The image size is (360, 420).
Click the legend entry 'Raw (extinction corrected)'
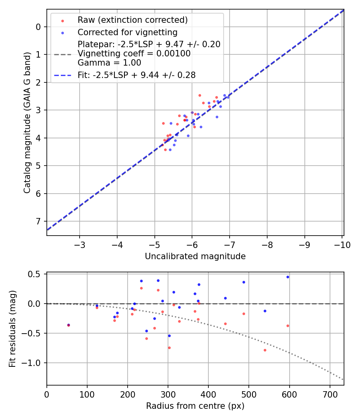[x=132, y=20]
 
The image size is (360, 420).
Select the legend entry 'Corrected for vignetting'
[x=128, y=32]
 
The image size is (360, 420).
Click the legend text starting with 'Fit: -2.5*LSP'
[x=136, y=75]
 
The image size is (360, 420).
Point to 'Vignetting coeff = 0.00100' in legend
[x=134, y=54]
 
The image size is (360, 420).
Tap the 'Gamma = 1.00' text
[x=109, y=63]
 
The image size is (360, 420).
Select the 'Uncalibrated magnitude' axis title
[x=195, y=256]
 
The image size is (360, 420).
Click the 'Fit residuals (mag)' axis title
[x=13, y=329]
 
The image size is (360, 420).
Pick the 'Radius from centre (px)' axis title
[x=195, y=406]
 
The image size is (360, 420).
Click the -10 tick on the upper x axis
[x=342, y=244]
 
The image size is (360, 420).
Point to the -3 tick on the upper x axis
[x=80, y=244]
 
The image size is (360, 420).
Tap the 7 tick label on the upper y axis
[x=38, y=222]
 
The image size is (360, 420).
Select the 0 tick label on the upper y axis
[x=38, y=27]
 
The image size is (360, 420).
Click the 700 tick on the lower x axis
[x=330, y=394]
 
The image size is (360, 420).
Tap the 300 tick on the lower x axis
[x=168, y=394]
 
